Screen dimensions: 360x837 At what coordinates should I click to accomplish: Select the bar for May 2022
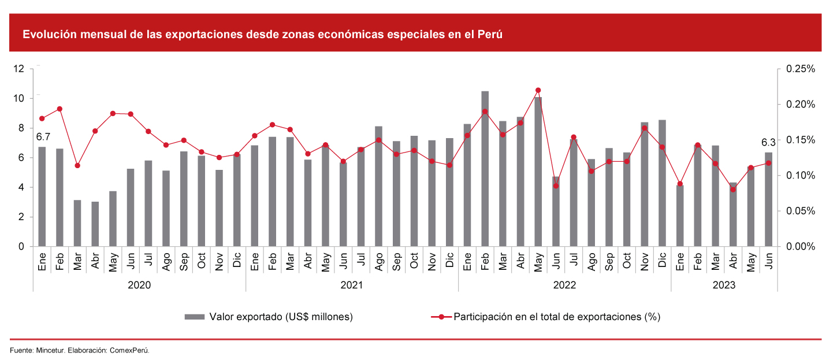tap(538, 172)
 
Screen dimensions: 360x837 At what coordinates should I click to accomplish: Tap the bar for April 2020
tap(95, 224)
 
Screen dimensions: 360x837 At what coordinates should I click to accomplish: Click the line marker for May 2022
tap(538, 90)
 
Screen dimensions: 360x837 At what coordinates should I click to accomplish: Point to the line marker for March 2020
tap(77, 165)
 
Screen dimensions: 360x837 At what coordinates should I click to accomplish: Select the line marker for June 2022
tap(556, 185)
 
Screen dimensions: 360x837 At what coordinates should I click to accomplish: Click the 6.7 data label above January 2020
tap(44, 137)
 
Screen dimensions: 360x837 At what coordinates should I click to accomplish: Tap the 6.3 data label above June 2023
tap(769, 142)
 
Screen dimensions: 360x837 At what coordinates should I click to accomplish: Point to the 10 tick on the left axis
tap(20, 98)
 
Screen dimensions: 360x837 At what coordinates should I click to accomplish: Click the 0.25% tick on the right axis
tap(800, 69)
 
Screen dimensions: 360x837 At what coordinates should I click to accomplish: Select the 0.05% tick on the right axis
tap(800, 211)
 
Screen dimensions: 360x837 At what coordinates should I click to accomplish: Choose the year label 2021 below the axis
tap(352, 285)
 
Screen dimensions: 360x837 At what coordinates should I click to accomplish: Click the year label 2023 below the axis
tap(724, 285)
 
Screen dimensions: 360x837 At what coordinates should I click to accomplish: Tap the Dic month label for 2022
tap(662, 262)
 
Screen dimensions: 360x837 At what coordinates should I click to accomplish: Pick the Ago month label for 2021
tap(378, 262)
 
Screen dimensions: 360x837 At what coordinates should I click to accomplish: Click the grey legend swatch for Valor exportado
tap(195, 317)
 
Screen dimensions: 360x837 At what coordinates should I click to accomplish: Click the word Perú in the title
tap(490, 34)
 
